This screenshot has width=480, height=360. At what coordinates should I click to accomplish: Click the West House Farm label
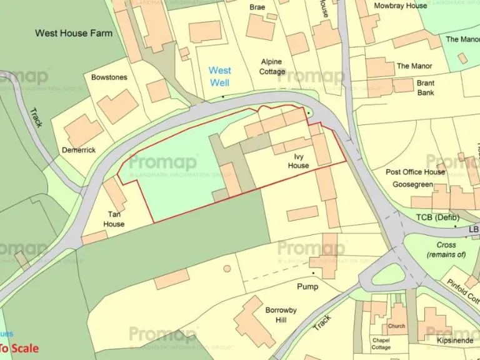(x=74, y=33)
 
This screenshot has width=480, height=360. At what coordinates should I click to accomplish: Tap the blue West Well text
(x=219, y=76)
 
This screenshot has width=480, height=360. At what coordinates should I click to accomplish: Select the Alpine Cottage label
(x=271, y=67)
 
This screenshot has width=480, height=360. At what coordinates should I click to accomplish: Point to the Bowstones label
(x=109, y=77)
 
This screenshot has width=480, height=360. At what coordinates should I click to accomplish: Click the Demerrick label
(x=79, y=151)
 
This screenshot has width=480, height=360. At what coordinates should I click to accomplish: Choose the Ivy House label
(x=298, y=161)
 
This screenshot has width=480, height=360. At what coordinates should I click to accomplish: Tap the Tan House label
(x=114, y=219)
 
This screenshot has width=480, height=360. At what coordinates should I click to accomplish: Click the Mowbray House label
(x=400, y=6)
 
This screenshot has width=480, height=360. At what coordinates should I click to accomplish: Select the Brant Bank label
(x=426, y=87)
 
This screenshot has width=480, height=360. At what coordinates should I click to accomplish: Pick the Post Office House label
(x=416, y=172)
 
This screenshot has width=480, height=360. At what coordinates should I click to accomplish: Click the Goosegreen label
(x=412, y=185)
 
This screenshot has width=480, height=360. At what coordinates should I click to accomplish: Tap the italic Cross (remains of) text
(x=446, y=250)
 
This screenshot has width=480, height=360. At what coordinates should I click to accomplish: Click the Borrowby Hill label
(x=281, y=315)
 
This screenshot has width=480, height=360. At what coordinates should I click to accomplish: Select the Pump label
(x=307, y=287)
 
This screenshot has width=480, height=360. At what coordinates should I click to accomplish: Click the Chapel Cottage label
(x=381, y=343)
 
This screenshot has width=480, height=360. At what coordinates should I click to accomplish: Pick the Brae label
(x=257, y=7)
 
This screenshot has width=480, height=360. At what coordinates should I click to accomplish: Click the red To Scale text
(x=19, y=349)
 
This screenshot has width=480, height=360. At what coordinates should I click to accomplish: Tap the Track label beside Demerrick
(x=36, y=117)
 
